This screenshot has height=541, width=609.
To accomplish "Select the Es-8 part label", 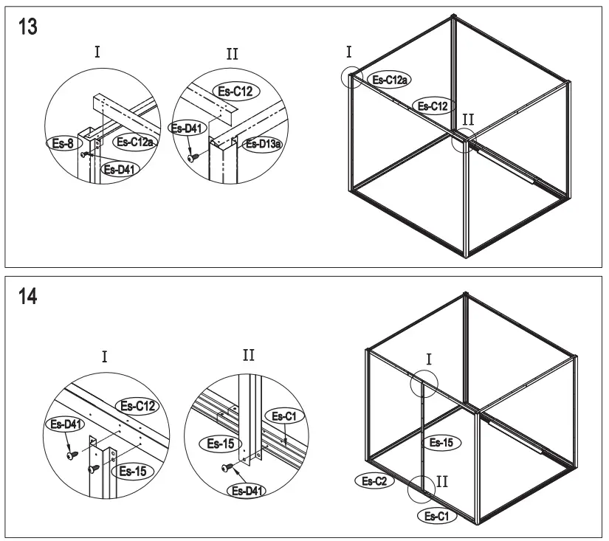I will coord(63,144).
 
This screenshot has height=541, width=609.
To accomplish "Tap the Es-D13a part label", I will coord(264,144).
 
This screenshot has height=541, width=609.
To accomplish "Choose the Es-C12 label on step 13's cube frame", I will coord(433,106).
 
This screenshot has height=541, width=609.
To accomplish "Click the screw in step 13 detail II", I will coord(193,158).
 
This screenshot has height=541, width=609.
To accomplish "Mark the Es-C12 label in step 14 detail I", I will coord(139,405).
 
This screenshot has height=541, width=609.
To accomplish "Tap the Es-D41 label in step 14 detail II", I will coord(247,490).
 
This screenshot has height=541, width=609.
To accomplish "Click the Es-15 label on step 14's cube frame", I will coord(441,443).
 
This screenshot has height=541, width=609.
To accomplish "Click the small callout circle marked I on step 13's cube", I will coord(352,76).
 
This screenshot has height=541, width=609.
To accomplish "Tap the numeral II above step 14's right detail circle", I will coord(249,356).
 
